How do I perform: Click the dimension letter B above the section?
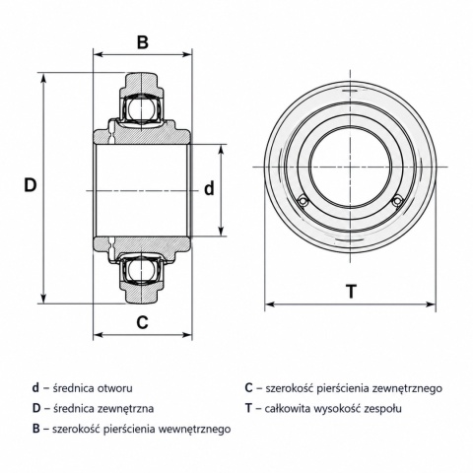pos(143,42)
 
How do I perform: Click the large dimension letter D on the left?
pos(31,185)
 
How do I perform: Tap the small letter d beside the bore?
pos(209,189)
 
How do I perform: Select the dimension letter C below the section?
pos(143,322)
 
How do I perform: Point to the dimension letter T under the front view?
pos(352,292)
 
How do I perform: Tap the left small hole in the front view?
pos(303,201)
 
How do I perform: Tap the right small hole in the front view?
pos(398,201)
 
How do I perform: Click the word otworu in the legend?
pos(115,388)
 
